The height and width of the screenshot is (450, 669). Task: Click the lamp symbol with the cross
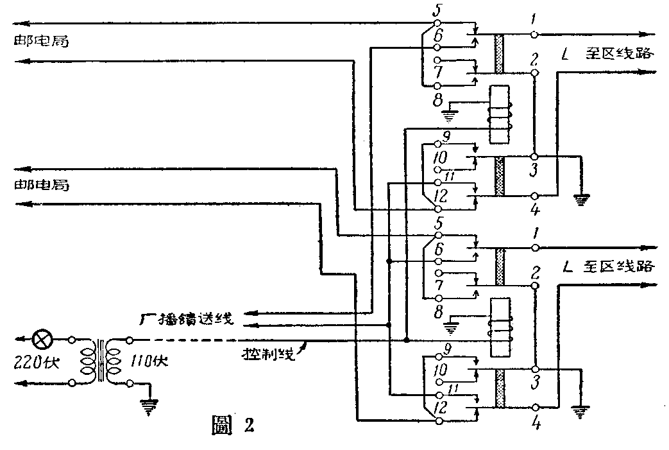43,338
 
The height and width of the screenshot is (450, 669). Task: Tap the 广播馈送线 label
189,317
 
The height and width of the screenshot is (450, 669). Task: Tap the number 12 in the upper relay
439,194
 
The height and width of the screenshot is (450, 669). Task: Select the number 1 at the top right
534,21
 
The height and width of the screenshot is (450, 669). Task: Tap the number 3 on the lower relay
535,383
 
